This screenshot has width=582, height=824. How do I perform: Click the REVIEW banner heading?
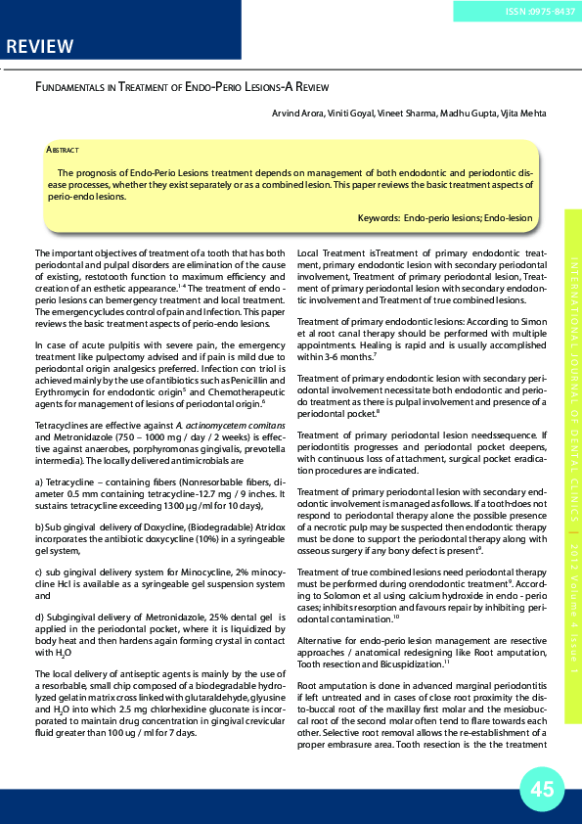[39, 47]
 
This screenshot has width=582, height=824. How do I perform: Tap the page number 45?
[542, 790]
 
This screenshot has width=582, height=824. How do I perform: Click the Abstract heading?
[63, 150]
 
